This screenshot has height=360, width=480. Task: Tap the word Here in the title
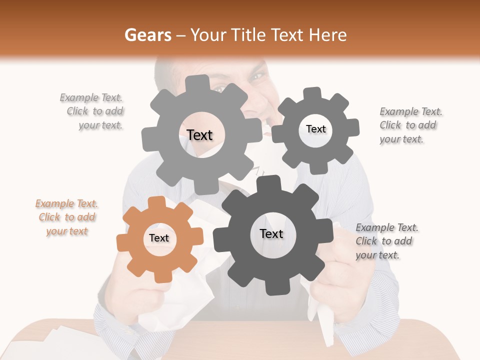[x=327, y=35]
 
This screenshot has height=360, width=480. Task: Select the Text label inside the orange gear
[x=159, y=238]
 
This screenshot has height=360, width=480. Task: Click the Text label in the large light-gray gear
[x=199, y=135]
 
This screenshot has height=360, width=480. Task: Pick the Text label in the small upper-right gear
[x=315, y=129]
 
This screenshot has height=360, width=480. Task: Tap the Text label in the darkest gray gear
[x=271, y=234]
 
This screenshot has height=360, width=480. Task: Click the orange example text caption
[x=67, y=217]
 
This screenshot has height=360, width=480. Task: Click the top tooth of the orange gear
[x=157, y=202]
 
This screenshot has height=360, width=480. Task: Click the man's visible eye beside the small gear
[x=257, y=77]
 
